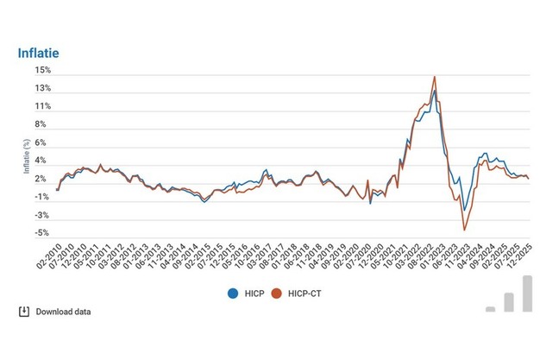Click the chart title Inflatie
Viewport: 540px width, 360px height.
point(38,54)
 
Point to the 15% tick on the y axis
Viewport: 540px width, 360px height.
point(44,70)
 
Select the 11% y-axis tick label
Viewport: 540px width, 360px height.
point(44,106)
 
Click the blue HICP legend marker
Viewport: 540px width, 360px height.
point(232,293)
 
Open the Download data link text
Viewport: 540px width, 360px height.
point(63,312)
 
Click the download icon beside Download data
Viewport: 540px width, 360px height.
point(24,311)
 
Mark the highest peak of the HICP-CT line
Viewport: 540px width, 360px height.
point(434,77)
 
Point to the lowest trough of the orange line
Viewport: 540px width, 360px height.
point(465,230)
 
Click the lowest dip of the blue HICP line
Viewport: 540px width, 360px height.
point(465,210)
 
